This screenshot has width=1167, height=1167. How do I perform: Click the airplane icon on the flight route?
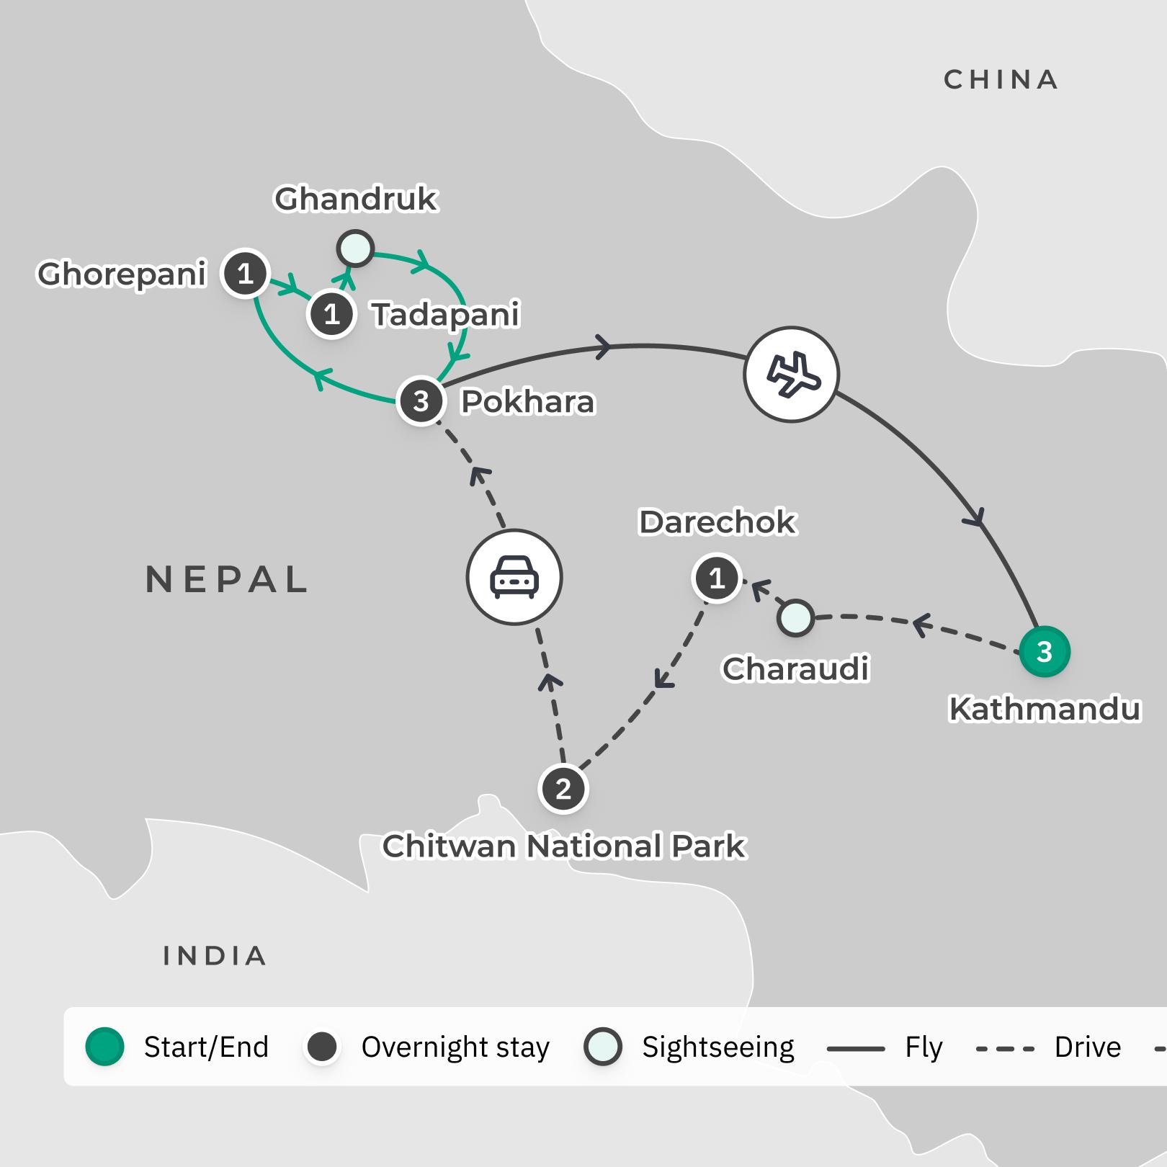coord(791,375)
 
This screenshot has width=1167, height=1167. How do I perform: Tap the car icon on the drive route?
coord(514,577)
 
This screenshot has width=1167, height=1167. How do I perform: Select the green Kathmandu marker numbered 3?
coord(1044,652)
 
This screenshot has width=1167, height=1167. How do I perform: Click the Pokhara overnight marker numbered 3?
coord(421,401)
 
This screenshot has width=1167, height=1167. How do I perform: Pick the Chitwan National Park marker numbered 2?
coord(563,789)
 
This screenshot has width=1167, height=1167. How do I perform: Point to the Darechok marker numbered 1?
coord(716,578)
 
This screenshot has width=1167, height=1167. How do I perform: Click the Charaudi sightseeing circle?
coord(795,618)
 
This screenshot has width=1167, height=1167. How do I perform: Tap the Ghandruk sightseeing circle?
coord(355,249)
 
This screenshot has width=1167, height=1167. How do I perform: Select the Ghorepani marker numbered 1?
coord(245,274)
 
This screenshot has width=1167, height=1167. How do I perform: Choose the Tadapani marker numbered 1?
coord(331,314)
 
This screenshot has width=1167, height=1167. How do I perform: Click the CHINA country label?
coord(1001,80)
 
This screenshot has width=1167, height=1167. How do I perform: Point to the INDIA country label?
coord(215,956)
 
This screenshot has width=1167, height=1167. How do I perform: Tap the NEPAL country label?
coord(227,580)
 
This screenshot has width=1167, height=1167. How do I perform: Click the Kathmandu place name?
coord(1045,710)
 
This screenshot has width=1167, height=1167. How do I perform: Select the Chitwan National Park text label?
coord(564,846)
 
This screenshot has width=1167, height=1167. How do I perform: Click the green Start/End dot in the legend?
coord(105,1047)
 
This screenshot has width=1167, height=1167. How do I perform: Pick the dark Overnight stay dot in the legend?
coord(322,1047)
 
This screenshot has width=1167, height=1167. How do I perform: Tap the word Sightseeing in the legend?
coord(717,1047)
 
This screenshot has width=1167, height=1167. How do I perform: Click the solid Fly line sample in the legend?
coord(856,1048)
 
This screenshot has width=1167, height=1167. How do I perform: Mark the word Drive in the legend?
coord(1087,1047)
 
